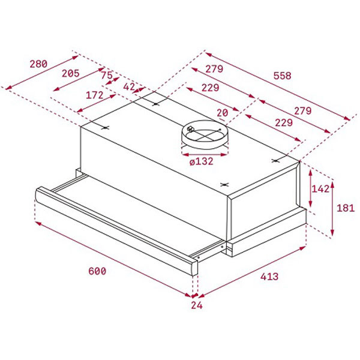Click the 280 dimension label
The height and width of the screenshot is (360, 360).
pos(37,64)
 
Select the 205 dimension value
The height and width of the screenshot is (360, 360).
pos(71,73)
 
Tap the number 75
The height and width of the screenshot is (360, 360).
pos(106,76)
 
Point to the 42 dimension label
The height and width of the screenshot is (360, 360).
pos(129,86)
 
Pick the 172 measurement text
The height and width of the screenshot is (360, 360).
pos(95,95)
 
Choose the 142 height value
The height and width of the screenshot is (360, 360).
pos(321,188)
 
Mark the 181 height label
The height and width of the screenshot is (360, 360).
pos(346,208)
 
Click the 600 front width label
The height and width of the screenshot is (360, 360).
pos(97,271)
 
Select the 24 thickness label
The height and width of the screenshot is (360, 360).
pos(197,306)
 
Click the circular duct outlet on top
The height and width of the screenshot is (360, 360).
pos(205,137)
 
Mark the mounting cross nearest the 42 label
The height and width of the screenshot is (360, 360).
pos(155,103)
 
